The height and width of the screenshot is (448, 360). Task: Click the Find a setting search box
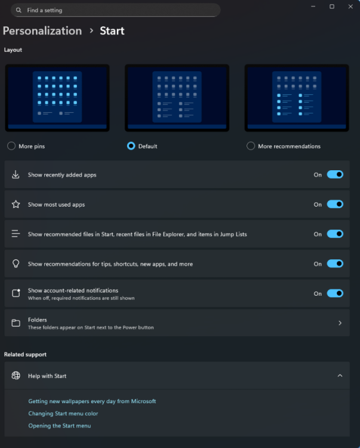click(x=115, y=10)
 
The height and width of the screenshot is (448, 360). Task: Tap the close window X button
click(x=350, y=7)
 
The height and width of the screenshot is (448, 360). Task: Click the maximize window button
click(x=332, y=7)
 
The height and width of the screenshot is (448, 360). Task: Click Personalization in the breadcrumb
click(x=42, y=31)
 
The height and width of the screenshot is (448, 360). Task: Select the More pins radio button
click(x=11, y=146)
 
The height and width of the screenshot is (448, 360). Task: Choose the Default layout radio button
click(x=131, y=146)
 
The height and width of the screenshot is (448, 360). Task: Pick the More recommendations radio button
click(x=251, y=146)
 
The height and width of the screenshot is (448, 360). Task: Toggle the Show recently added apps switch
click(x=335, y=174)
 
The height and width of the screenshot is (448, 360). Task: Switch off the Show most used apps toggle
click(x=335, y=204)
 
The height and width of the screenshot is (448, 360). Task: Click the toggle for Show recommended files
click(x=335, y=234)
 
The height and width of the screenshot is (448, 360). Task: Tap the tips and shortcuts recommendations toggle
click(x=335, y=263)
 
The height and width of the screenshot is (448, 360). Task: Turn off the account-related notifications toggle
click(x=335, y=293)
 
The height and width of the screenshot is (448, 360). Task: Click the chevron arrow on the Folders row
click(x=340, y=323)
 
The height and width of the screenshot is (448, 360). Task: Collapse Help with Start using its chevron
click(x=340, y=376)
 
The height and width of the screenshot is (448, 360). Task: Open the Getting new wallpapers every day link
click(x=92, y=401)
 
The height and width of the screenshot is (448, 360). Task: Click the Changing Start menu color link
click(x=63, y=413)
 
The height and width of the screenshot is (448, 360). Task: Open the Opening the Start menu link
click(x=60, y=426)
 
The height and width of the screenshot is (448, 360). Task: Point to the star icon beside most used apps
click(x=16, y=204)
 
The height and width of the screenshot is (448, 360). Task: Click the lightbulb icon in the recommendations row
click(x=16, y=263)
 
